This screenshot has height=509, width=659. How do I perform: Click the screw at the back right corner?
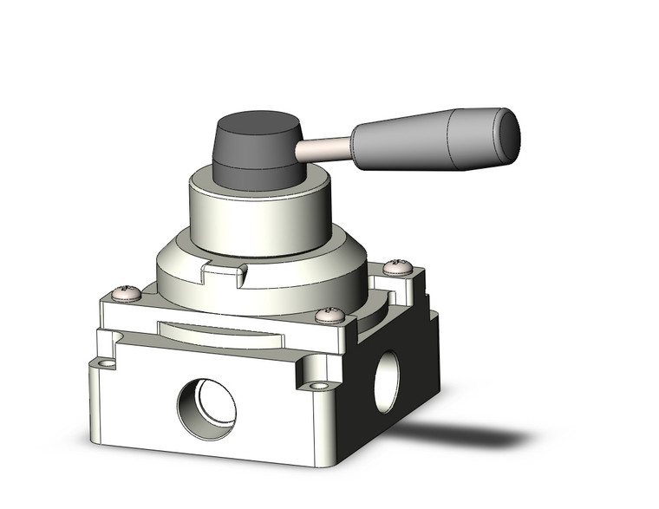click(x=397, y=267)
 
